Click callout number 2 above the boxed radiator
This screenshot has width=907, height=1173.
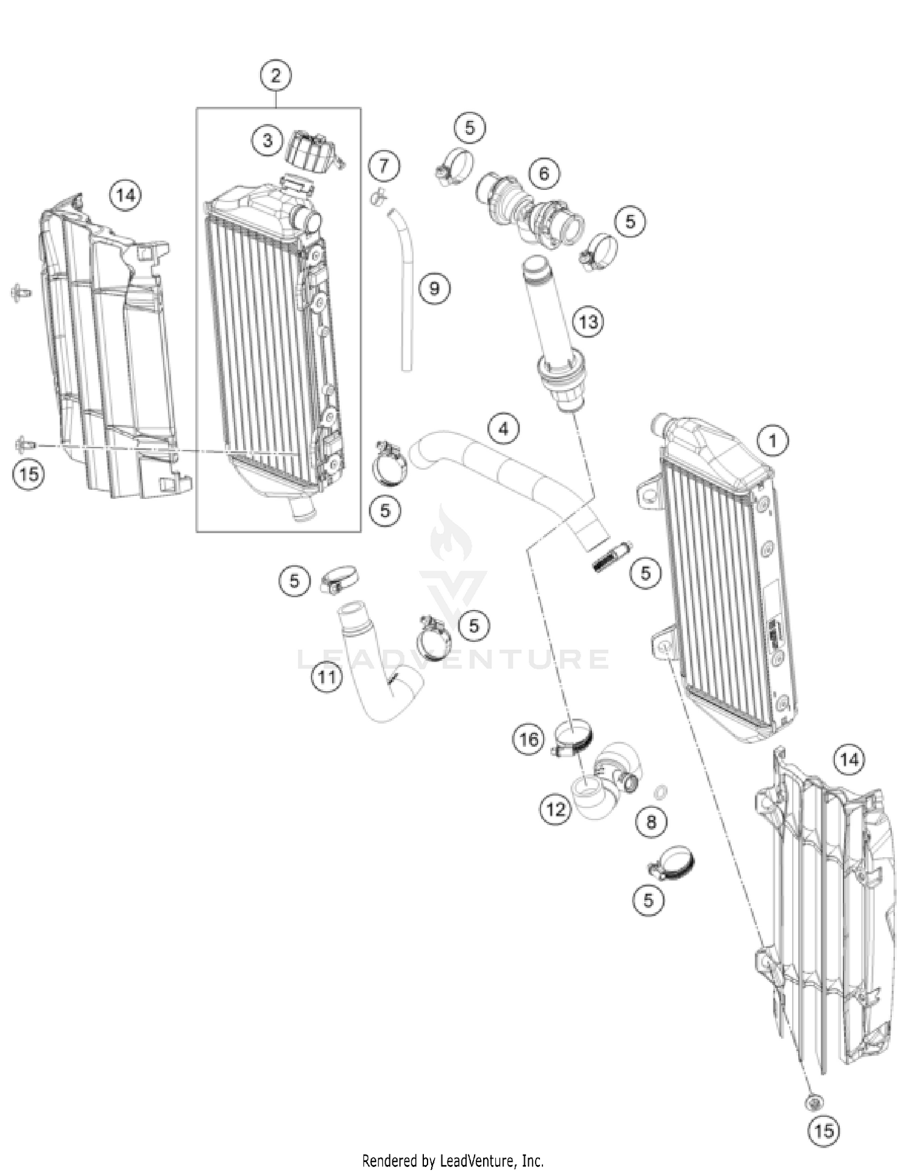pyautogui.click(x=276, y=76)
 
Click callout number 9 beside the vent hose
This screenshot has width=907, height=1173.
pyautogui.click(x=435, y=288)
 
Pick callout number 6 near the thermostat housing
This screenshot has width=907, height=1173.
pyautogui.click(x=544, y=174)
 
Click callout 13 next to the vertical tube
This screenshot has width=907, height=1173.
pyautogui.click(x=588, y=321)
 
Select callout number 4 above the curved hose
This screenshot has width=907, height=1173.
pyautogui.click(x=503, y=429)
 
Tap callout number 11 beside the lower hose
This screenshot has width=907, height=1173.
pyautogui.click(x=327, y=677)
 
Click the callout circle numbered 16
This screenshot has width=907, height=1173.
pyautogui.click(x=528, y=739)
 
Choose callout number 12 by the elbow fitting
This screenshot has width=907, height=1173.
pyautogui.click(x=555, y=809)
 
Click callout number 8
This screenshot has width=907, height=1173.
pyautogui.click(x=651, y=822)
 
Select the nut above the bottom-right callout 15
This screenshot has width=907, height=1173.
pyautogui.click(x=814, y=1102)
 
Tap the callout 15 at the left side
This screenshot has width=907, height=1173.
pyautogui.click(x=29, y=473)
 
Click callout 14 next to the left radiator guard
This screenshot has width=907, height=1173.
pyautogui.click(x=125, y=195)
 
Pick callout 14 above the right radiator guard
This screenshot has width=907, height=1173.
pyautogui.click(x=849, y=759)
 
